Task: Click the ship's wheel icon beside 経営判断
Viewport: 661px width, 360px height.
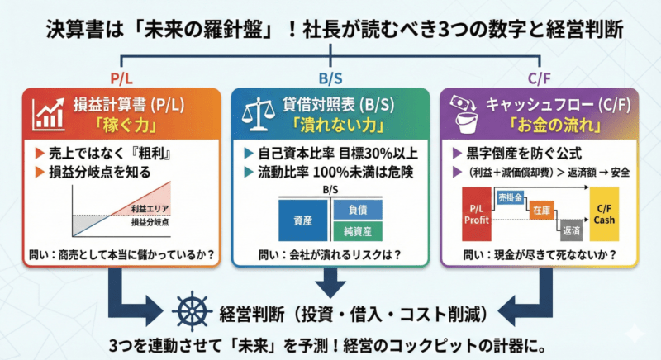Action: tap(193, 315)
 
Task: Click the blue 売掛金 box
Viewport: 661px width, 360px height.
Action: tap(510, 199)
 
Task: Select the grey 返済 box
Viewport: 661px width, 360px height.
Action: tap(570, 231)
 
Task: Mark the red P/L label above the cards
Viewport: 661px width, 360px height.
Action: tap(122, 79)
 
